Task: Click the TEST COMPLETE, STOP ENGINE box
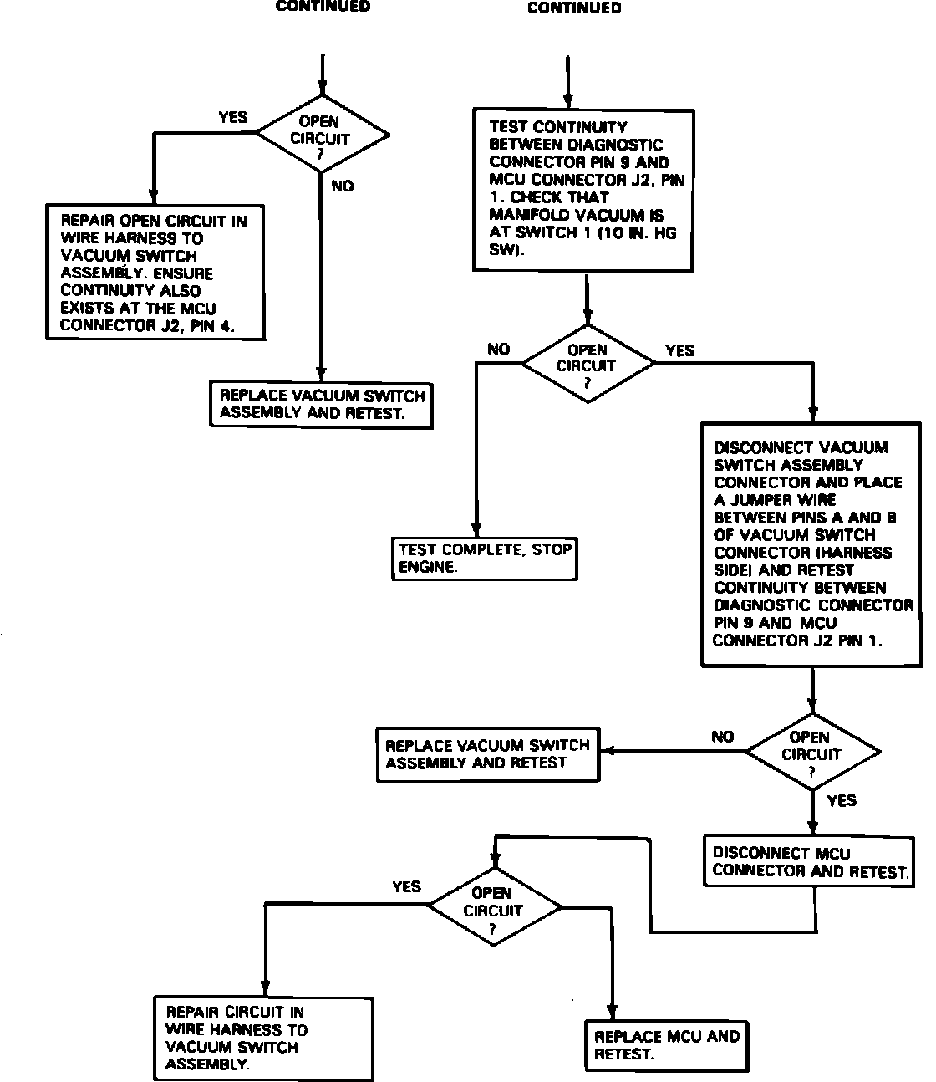point(485,559)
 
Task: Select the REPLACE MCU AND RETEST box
point(666,1045)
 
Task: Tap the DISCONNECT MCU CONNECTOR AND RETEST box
point(808,862)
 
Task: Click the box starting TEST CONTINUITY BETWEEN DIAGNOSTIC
point(583,189)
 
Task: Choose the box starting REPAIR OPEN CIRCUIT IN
point(155,273)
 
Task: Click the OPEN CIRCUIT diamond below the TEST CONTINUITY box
point(587,365)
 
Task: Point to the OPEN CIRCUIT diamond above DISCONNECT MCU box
point(811,753)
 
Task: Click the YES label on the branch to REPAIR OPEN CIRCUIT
point(232,118)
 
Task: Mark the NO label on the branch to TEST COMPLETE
point(498,350)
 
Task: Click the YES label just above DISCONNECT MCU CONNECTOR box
point(841,801)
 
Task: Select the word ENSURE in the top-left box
point(183,273)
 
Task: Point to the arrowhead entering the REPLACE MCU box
point(613,1013)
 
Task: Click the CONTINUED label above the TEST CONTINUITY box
point(574,8)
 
